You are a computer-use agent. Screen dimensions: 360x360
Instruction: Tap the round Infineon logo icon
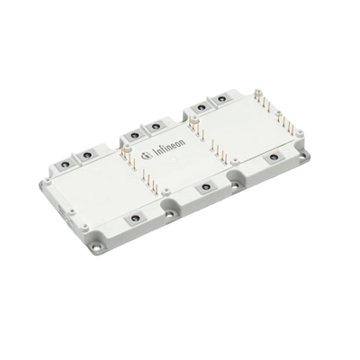(146, 155)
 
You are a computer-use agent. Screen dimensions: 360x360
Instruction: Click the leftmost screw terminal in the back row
(65, 164)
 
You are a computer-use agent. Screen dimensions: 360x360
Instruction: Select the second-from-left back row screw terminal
(87, 155)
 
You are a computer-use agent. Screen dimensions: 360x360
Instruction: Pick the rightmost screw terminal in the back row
(221, 98)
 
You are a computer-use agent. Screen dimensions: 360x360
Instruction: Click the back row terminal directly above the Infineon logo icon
(133, 136)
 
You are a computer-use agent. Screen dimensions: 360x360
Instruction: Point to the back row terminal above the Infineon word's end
(155, 127)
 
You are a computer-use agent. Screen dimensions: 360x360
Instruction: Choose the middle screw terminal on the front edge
(205, 187)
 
